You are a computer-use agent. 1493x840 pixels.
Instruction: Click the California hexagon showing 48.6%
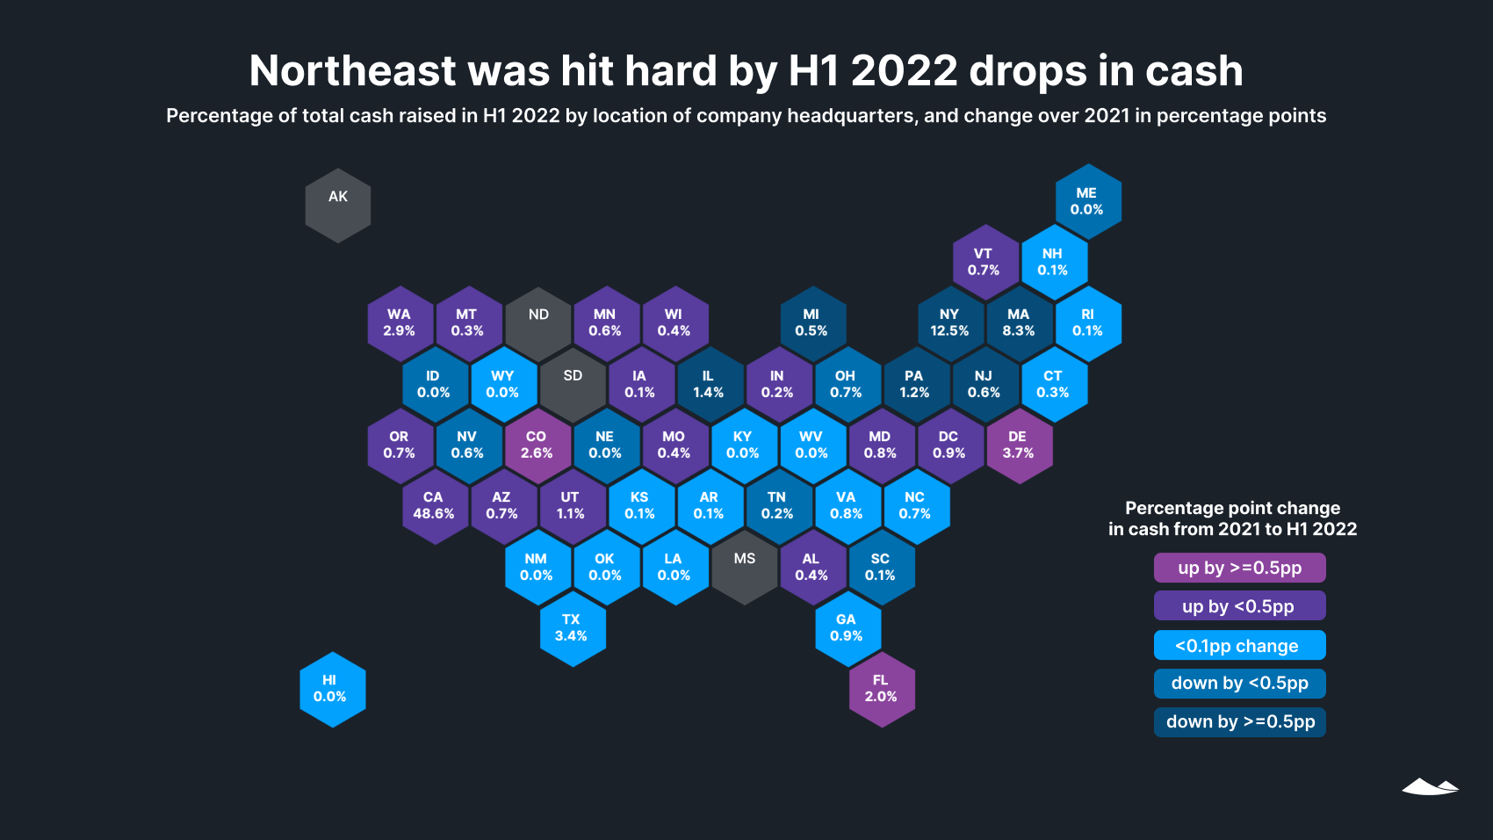(434, 506)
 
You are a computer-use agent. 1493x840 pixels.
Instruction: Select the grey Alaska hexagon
(338, 206)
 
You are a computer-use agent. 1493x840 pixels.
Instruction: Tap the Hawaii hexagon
(332, 689)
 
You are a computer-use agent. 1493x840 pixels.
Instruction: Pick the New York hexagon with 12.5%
(949, 323)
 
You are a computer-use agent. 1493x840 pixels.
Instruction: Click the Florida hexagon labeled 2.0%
(881, 689)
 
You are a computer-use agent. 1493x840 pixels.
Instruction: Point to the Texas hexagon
(572, 628)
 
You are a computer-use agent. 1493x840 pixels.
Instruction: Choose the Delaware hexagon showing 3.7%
(1019, 445)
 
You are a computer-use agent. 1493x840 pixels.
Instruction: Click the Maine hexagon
(1087, 202)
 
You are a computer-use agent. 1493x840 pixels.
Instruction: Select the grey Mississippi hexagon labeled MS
(744, 567)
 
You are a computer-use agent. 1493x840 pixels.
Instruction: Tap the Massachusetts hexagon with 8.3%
(1019, 323)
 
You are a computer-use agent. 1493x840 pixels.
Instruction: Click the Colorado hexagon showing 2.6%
(537, 445)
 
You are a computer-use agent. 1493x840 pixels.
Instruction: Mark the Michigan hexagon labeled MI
(811, 323)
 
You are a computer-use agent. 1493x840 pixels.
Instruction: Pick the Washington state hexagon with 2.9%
(400, 323)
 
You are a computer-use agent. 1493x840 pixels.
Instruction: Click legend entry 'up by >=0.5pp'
(1239, 568)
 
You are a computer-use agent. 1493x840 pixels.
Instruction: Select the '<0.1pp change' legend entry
(1239, 645)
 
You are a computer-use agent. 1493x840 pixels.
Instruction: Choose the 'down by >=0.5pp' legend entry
(1239, 721)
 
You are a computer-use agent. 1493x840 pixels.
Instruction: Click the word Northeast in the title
(353, 71)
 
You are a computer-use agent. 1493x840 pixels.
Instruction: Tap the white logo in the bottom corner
(1430, 786)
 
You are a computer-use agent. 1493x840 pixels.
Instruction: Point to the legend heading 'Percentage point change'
(1232, 508)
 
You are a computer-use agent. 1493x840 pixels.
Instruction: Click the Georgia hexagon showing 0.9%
(847, 628)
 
